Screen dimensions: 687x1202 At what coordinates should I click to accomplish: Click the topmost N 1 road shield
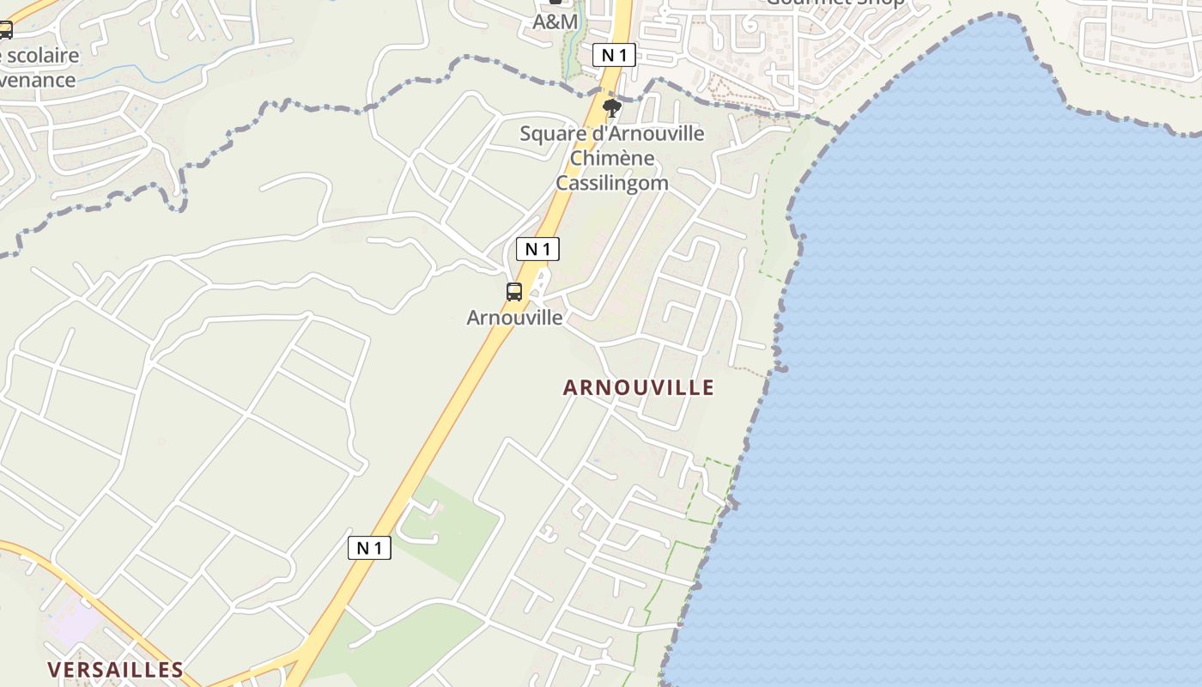[x=614, y=56]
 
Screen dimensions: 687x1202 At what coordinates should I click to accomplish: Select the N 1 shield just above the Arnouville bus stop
[x=538, y=249]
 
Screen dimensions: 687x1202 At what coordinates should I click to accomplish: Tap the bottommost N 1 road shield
[x=369, y=548]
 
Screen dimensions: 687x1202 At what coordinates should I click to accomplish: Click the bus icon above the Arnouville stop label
[x=514, y=292]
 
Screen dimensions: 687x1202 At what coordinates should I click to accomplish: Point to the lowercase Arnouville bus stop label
[x=514, y=318]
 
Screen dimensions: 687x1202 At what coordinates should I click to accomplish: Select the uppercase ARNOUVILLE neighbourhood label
[x=638, y=387]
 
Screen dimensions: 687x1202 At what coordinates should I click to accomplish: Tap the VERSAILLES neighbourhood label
[x=115, y=670]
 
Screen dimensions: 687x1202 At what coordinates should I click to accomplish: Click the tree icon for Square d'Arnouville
[x=612, y=107]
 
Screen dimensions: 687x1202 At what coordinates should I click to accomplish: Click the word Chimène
[x=612, y=158]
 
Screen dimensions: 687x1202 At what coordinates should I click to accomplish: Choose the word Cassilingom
[x=612, y=183]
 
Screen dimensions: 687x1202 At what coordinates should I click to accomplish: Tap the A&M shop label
[x=555, y=21]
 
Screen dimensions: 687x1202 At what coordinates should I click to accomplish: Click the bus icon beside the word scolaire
[x=5, y=31]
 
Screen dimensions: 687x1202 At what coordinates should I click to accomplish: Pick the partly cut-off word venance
[x=38, y=80]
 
